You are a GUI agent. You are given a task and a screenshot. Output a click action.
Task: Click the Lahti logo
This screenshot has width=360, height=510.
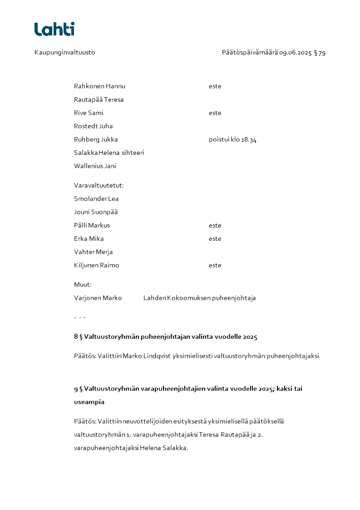[x=54, y=29]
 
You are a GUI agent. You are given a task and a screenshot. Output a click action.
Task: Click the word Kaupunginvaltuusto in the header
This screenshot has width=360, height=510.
[x=65, y=53]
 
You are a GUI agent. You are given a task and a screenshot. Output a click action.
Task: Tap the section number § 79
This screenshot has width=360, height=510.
[x=320, y=53]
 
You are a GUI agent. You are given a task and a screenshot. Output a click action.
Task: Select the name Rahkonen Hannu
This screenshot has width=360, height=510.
[x=99, y=86]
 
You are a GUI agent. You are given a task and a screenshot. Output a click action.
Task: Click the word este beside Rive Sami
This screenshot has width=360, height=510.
[x=215, y=113]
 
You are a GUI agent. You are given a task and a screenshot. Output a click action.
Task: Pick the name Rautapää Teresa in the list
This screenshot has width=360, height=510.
[x=99, y=99]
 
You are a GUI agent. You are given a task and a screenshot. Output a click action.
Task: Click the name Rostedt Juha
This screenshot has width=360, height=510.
[x=93, y=126]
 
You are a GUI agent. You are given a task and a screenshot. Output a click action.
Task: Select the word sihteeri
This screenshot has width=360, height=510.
[x=133, y=153]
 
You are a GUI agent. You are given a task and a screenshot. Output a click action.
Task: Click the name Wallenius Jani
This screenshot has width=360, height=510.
[x=95, y=166]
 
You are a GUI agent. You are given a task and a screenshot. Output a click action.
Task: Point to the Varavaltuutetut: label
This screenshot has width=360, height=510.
[x=99, y=185]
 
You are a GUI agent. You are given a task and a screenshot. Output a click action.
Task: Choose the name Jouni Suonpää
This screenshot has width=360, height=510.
[x=96, y=212]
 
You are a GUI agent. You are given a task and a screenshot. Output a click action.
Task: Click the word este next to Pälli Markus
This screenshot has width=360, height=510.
[x=215, y=225]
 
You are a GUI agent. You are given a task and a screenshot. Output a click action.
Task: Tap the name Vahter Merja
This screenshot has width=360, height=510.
[x=93, y=252]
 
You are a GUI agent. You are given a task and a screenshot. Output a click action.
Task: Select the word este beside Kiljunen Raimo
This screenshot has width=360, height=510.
[x=215, y=265]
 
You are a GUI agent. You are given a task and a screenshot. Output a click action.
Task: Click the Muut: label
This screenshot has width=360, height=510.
[x=83, y=285]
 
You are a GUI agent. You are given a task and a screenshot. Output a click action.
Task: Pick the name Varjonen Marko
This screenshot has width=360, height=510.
[x=98, y=298]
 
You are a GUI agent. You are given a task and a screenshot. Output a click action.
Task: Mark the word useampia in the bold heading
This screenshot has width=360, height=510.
[x=89, y=402]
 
